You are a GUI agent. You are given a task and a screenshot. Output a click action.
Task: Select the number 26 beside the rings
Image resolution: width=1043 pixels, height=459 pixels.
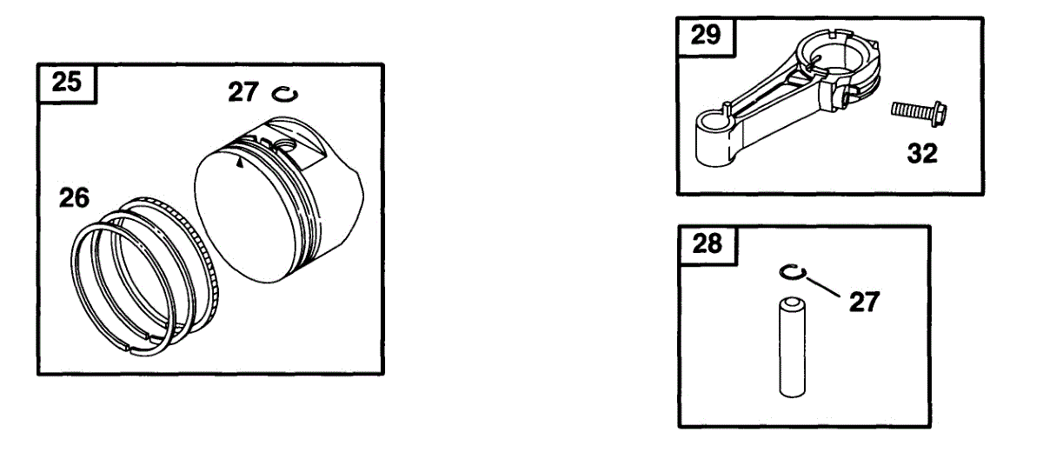coord(74,199)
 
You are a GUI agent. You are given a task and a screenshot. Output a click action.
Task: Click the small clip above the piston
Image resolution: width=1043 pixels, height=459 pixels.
coord(283,92)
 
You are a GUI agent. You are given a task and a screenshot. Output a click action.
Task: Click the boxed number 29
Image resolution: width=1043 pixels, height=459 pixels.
coord(705,37)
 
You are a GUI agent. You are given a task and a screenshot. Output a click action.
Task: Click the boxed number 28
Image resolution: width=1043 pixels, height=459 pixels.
coord(707,244)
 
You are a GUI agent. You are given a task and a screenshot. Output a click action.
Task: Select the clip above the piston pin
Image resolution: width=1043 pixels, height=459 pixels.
coord(791,274)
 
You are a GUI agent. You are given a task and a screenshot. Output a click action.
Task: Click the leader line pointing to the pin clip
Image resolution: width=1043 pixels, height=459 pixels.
coord(821,286)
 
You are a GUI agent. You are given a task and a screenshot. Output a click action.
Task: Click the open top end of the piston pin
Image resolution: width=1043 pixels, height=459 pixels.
coord(791,304)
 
